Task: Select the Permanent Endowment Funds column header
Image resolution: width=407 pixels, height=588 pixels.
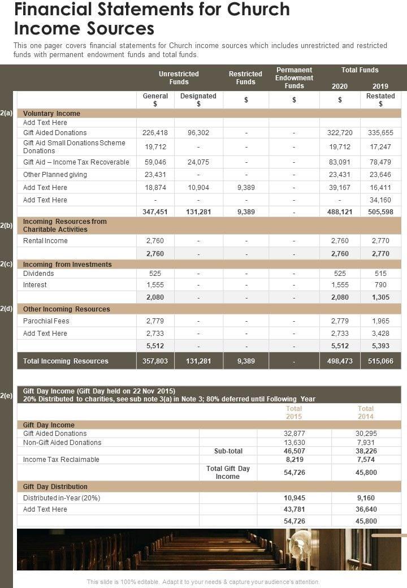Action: (294, 78)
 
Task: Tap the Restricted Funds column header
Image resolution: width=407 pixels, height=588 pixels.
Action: (245, 78)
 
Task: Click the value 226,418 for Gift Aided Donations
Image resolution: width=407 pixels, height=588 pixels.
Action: (155, 133)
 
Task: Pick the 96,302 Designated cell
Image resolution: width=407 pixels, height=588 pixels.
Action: (198, 133)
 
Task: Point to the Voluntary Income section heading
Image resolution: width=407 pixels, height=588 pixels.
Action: (51, 114)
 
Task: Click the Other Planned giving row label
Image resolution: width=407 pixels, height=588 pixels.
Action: (55, 175)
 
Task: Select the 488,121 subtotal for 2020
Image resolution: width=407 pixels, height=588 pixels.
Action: (340, 212)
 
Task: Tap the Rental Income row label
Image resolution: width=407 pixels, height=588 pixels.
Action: (45, 241)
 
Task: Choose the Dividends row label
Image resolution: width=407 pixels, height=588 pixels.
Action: (38, 274)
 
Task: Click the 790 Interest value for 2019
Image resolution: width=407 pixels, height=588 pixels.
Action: (380, 285)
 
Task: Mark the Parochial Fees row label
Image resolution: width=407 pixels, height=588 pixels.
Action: (46, 321)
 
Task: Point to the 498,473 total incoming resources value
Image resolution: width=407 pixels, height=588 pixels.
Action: (340, 361)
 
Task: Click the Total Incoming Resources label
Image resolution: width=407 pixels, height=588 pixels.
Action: (66, 361)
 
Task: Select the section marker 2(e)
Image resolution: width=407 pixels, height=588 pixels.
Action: (6, 396)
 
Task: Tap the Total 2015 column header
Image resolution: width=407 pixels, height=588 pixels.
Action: (294, 413)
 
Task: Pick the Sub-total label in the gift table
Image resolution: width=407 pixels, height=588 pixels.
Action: (228, 451)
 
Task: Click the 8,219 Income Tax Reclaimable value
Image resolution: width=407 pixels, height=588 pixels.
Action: (294, 460)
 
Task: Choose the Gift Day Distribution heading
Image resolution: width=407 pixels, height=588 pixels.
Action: (55, 487)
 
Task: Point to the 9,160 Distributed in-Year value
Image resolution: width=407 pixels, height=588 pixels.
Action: (366, 498)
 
